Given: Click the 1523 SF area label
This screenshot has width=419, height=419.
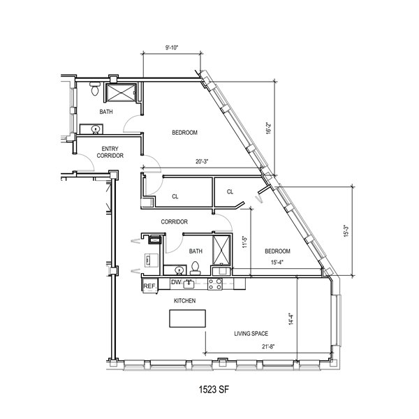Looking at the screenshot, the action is [x=214, y=390].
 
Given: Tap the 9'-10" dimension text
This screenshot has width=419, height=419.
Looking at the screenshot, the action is [x=172, y=47].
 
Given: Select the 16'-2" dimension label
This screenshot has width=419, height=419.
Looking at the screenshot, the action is [x=269, y=128].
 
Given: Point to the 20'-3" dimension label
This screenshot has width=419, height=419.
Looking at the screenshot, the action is [x=202, y=161].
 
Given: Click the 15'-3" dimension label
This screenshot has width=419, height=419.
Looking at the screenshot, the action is [x=346, y=231].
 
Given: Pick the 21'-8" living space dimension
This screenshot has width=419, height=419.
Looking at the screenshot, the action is [x=268, y=346].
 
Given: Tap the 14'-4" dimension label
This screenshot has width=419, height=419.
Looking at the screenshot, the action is [x=291, y=319].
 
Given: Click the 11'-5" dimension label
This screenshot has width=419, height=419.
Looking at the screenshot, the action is [x=245, y=242].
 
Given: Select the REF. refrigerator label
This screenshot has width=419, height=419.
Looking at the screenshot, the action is [x=150, y=286].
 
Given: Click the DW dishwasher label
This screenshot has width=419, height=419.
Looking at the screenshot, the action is [x=176, y=282].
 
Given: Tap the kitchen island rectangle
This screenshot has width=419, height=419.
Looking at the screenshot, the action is [x=188, y=318].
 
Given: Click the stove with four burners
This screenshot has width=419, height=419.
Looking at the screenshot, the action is [x=215, y=284].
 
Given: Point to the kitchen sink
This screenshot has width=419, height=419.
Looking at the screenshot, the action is [x=189, y=284].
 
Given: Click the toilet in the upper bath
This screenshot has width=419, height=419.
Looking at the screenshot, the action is [x=94, y=89].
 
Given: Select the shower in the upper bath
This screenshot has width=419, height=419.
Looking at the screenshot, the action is [x=121, y=93].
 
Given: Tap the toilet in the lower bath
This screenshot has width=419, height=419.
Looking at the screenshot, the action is [x=196, y=268].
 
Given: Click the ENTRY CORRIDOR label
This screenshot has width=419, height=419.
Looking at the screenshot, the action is [x=110, y=152].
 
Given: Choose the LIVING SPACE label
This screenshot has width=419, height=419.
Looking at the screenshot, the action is [x=251, y=334].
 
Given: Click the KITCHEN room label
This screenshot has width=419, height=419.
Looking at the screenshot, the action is [x=184, y=300].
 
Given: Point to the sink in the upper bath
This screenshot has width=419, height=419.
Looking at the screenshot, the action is [x=95, y=130].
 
